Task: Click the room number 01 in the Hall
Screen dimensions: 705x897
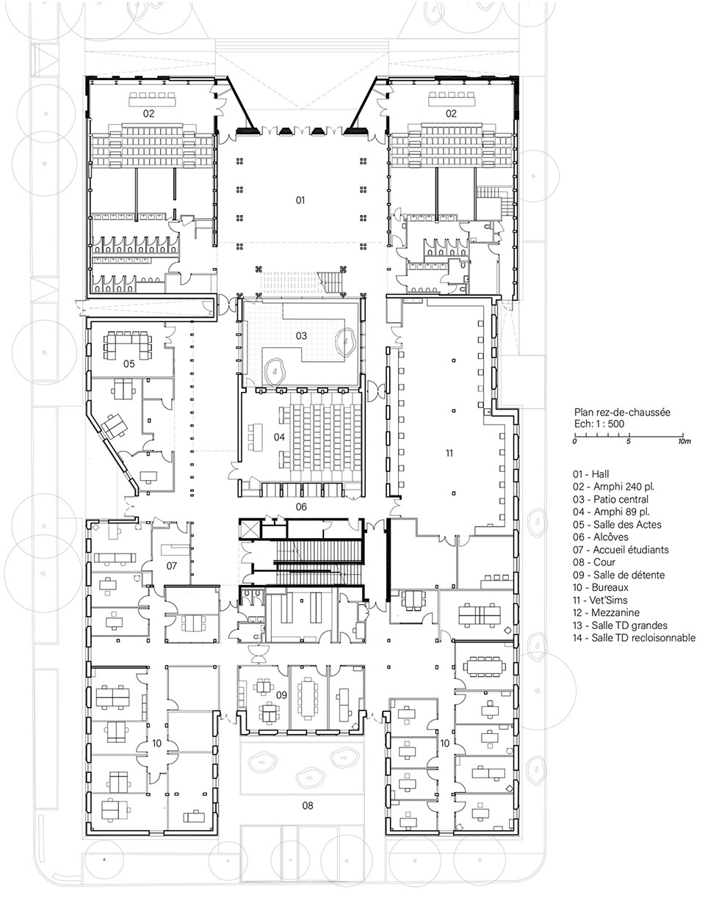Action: [300, 200]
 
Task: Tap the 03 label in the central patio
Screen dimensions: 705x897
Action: [301, 335]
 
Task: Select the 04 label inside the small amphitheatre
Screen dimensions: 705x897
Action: [279, 437]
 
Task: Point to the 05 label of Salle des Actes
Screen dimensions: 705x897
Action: [129, 363]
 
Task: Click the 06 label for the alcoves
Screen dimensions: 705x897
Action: [301, 506]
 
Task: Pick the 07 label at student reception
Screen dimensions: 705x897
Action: [171, 566]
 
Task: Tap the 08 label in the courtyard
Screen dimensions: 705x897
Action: [308, 805]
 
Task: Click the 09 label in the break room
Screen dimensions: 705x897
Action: [281, 695]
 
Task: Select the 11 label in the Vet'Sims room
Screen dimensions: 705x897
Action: [449, 453]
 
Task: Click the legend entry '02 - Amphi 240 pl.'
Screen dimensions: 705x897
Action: [613, 487]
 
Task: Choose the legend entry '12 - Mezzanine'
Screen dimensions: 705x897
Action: [606, 613]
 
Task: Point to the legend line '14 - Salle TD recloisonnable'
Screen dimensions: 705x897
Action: [634, 638]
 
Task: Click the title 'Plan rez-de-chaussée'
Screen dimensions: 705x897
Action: [622, 412]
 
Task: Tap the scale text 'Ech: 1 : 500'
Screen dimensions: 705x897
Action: [599, 424]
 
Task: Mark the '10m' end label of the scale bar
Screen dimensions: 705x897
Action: [684, 441]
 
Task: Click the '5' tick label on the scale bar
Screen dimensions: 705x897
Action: [629, 441]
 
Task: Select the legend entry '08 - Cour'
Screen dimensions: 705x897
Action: [594, 562]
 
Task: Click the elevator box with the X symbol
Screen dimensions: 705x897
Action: [250, 529]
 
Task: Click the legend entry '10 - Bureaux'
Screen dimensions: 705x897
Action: [601, 587]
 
